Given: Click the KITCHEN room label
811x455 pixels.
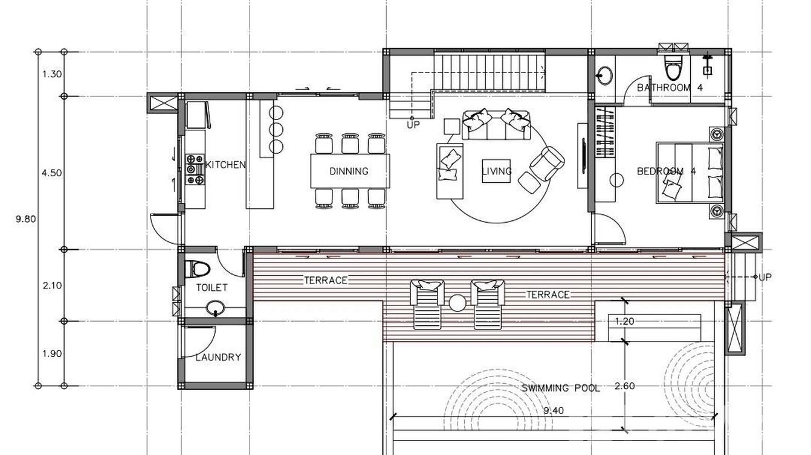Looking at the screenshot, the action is coord(225,165).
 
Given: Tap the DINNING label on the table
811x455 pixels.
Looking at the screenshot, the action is coord(349,171).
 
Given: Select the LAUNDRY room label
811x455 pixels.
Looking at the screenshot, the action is coord(218,357).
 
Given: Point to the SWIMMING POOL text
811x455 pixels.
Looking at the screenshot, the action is coord(560,388).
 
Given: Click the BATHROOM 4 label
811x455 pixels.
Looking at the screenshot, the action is coord(670,87).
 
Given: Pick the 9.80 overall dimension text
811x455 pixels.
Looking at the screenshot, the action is coord(26,219).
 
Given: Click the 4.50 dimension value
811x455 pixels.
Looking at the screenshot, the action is coord(52,173).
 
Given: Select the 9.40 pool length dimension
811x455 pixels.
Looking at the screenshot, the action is coord(554,410).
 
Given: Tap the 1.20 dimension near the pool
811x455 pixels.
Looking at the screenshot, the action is coord(624,321).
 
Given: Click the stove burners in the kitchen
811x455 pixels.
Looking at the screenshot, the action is coord(195,170).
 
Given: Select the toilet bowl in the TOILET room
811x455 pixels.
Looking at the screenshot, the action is coord(198,269).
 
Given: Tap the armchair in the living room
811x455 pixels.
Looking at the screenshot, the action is coord(547,164).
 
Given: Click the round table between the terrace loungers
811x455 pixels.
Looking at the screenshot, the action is coord(457,303).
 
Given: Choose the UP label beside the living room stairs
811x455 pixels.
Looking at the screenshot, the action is coord(413,125).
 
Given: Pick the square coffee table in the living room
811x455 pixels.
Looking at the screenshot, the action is coord(496,171).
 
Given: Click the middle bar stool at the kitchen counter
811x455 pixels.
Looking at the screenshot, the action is coord(276,129).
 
